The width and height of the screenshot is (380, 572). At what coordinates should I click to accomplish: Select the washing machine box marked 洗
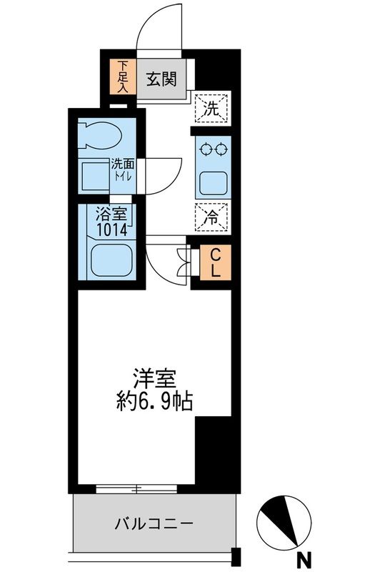213,109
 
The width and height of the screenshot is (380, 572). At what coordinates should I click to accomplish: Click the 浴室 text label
111,214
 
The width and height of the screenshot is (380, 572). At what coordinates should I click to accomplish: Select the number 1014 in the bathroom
111,230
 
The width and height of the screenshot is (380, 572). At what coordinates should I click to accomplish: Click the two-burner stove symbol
213,149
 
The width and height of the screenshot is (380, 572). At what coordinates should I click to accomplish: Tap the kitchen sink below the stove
213,183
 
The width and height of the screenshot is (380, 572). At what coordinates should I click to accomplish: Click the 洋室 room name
154,378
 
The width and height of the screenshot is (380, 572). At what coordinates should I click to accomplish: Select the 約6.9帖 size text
154,400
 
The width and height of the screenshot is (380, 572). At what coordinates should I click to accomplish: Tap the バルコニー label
154,524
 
